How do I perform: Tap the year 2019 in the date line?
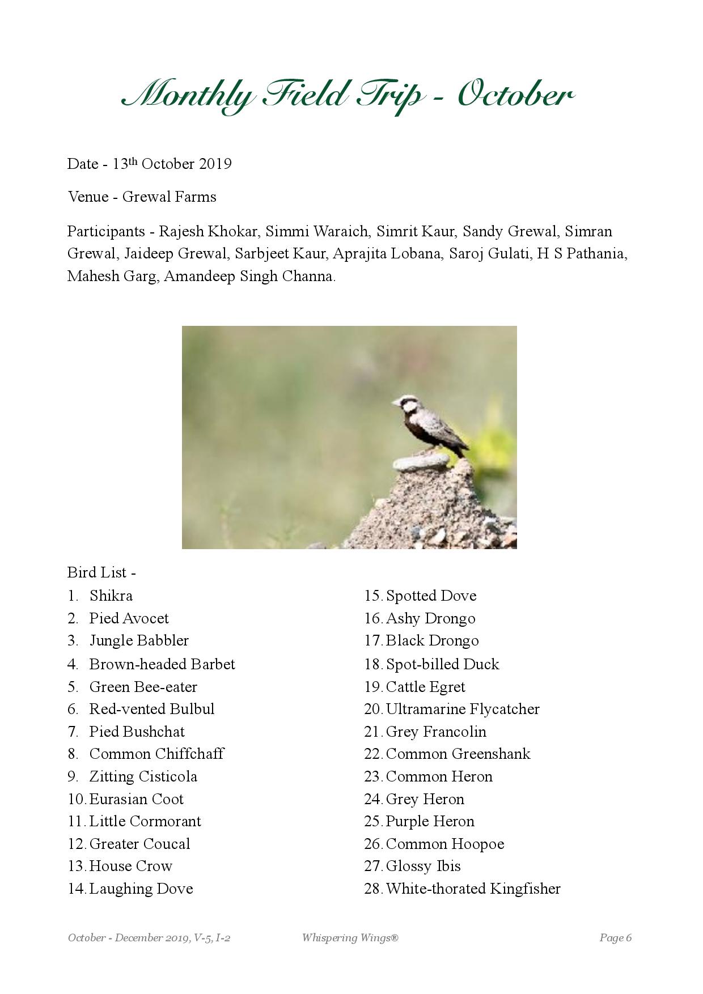(x=215, y=164)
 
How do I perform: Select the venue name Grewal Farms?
(x=169, y=197)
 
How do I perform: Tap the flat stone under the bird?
(x=420, y=463)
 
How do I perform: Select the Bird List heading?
(x=101, y=572)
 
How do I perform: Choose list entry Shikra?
(x=111, y=596)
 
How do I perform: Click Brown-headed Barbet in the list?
(x=162, y=664)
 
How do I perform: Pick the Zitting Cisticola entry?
(x=143, y=776)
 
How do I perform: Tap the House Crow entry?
(x=131, y=866)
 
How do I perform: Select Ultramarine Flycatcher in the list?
(x=463, y=709)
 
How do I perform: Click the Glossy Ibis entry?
(x=423, y=866)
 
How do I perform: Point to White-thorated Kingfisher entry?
(x=473, y=889)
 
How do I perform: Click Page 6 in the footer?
(x=615, y=938)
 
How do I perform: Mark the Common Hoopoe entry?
(x=445, y=844)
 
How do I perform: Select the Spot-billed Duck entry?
(x=442, y=664)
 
